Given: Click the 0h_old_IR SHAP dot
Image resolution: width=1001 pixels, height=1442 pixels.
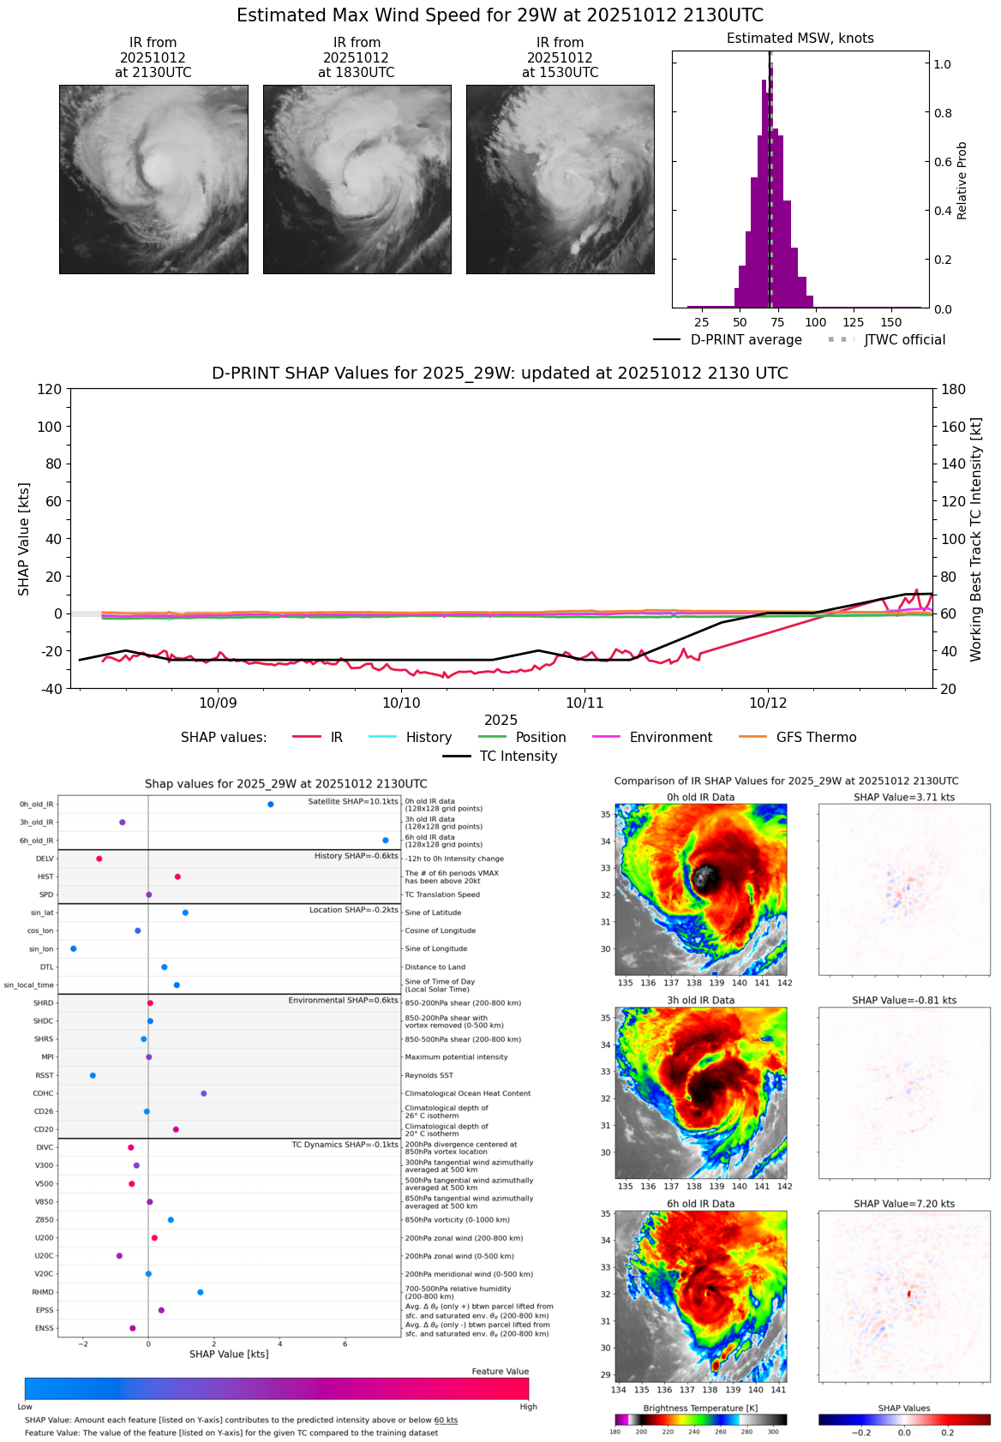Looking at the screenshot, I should (271, 804).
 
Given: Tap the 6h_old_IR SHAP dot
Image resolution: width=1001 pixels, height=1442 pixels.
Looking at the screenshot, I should (386, 841).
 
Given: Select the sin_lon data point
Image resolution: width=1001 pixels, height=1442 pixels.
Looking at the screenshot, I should (74, 948).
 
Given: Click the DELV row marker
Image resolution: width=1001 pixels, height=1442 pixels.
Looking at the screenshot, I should (99, 859).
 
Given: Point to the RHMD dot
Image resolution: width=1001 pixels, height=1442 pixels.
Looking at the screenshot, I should (201, 1292).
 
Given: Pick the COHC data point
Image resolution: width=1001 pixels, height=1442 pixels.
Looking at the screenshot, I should (204, 1093).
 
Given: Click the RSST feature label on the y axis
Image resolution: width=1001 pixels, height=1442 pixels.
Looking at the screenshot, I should (44, 1075).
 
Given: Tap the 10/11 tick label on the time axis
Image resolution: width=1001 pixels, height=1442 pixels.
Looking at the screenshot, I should (584, 703).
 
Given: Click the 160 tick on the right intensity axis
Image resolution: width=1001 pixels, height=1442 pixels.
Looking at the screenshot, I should (954, 427).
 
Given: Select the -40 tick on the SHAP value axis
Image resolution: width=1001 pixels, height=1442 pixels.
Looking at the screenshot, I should (51, 689).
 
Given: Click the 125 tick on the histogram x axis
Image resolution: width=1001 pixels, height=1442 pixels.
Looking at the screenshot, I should (853, 322).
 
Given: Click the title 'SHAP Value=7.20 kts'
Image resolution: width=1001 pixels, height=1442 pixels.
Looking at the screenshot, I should (904, 1204).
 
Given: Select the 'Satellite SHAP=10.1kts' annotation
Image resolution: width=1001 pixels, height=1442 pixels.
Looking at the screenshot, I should (353, 802).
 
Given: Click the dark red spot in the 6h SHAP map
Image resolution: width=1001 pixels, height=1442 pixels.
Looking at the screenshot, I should (909, 1294).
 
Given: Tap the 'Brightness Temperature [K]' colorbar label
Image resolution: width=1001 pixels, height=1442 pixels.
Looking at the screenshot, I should (700, 1409).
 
